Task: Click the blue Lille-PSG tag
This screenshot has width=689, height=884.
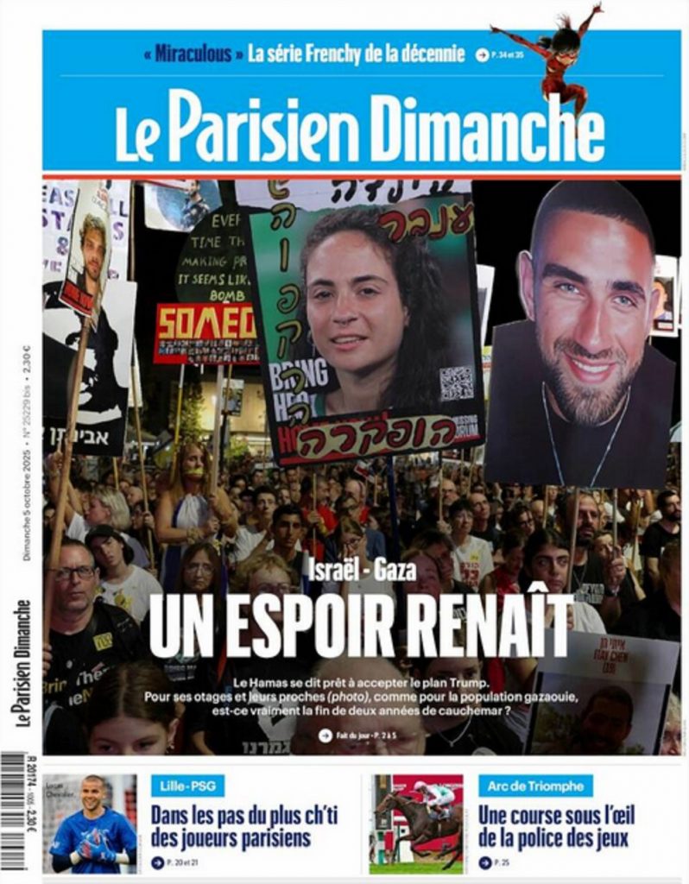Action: tap(187, 786)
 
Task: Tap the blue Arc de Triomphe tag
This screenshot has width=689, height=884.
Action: tap(535, 786)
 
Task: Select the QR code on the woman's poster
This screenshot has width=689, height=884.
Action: tap(456, 382)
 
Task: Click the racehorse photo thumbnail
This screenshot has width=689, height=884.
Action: tap(416, 824)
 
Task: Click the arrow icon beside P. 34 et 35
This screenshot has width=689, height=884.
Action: tap(482, 55)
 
